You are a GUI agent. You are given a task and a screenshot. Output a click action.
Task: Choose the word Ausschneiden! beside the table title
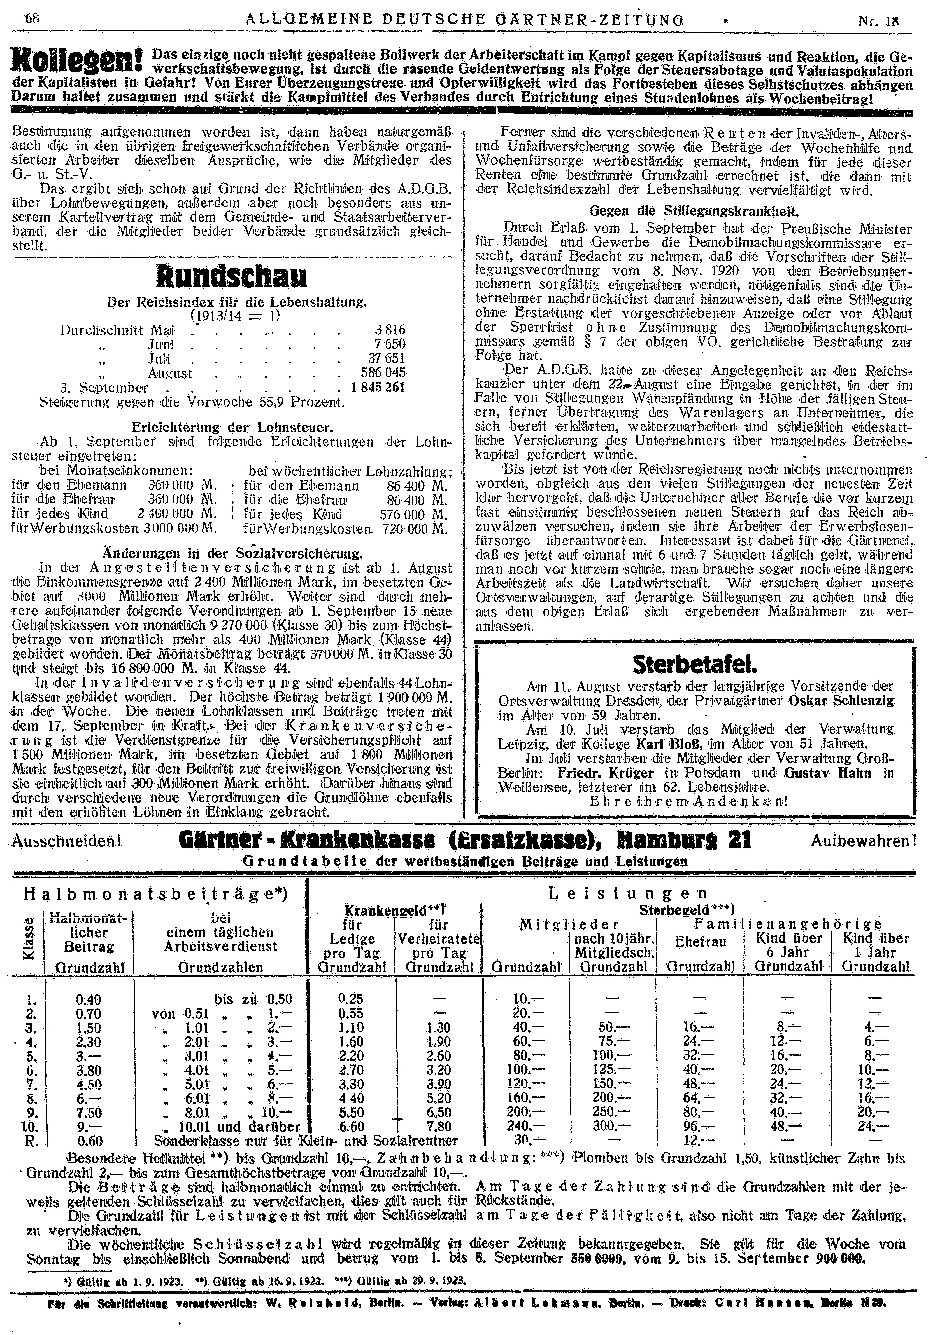[x=66, y=841]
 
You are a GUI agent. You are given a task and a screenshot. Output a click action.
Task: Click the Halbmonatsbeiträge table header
[x=156, y=894]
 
